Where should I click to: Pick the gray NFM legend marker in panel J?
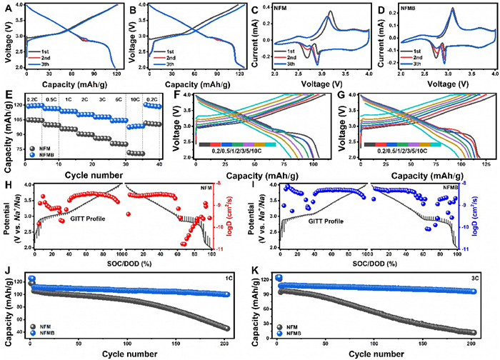33,335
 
